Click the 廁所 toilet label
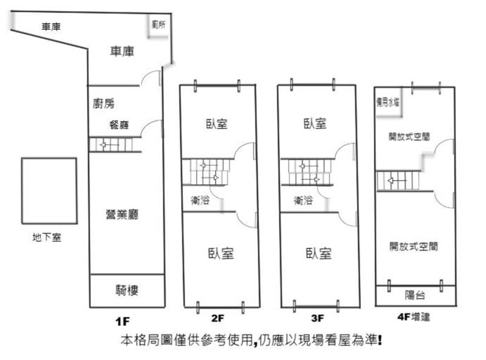tap(159, 25)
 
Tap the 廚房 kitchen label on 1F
tap(104, 103)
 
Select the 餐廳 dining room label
tap(119, 125)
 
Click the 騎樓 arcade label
tap(127, 290)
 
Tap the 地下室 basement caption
tap(47, 238)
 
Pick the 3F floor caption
tap(318, 317)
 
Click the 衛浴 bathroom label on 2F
tap(200, 199)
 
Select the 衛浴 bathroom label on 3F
tap(303, 199)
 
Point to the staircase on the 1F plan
tap(111, 145)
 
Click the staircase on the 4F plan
tap(399, 181)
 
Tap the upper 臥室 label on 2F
tap(217, 124)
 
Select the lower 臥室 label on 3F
tap(318, 253)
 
